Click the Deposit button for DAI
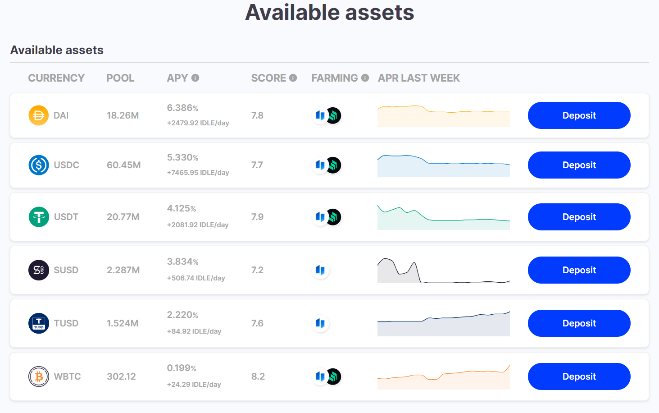[579, 115]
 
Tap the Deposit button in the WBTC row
[579, 376]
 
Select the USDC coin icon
[39, 165]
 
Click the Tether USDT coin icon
[39, 217]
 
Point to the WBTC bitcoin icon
[39, 376]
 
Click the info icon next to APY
[195, 78]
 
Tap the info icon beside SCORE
[293, 78]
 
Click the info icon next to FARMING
[365, 78]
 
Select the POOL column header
[120, 78]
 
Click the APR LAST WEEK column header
[418, 78]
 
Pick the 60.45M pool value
[123, 165]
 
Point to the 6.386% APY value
[182, 108]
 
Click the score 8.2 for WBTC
[258, 376]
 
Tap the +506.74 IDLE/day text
[196, 278]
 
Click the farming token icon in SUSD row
[320, 270]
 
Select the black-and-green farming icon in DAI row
[334, 115]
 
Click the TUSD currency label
[66, 323]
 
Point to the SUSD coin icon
[39, 270]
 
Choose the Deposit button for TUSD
[579, 323]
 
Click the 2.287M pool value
[123, 270]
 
